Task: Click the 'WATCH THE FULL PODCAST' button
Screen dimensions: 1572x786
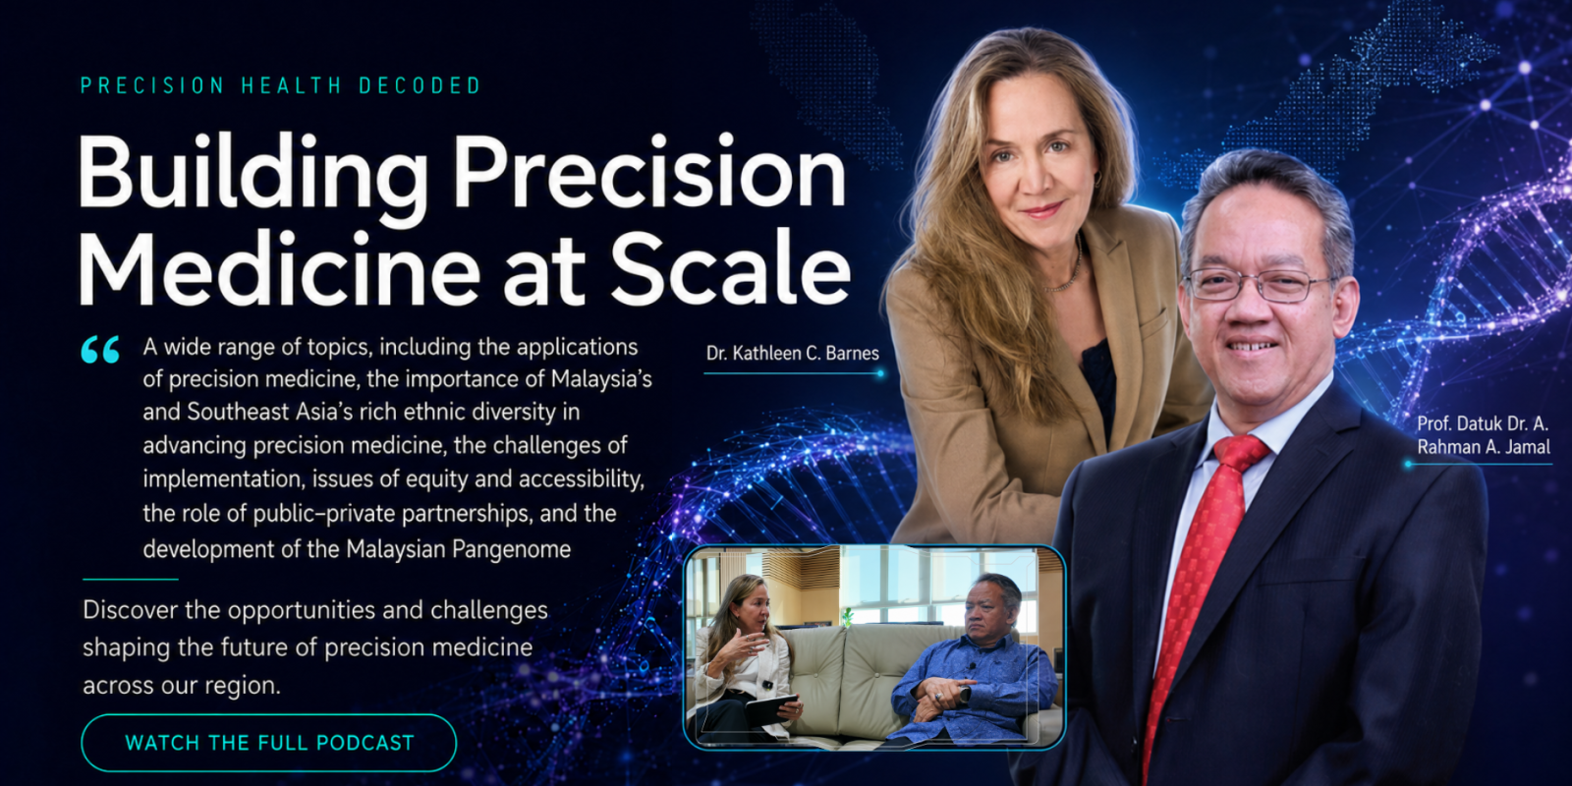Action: [x=269, y=743]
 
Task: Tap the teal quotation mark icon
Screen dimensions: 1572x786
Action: [x=100, y=350]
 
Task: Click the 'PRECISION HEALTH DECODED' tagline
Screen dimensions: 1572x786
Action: [x=281, y=85]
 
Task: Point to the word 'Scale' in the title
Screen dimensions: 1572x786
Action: [x=730, y=269]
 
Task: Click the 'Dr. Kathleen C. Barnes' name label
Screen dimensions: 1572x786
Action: [x=792, y=353]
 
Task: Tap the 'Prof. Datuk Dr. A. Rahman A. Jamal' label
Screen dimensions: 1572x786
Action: [x=1484, y=435]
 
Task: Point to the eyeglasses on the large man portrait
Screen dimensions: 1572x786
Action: [x=1260, y=284]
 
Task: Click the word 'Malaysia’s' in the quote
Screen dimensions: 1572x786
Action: [x=601, y=379]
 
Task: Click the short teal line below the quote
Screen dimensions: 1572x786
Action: [x=131, y=579]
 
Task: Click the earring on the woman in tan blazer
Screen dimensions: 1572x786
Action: [x=1097, y=181]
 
